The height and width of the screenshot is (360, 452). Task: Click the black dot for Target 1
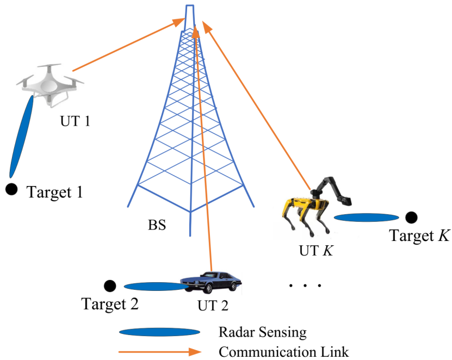tap(11, 189)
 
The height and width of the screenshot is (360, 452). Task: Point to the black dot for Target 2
tap(110, 285)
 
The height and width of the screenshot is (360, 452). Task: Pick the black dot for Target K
tap(412, 218)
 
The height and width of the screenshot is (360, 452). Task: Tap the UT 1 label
tap(75, 121)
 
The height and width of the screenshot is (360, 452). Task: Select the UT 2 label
tap(212, 305)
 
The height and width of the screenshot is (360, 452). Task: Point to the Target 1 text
tap(55, 192)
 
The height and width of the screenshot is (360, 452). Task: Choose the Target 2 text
tap(110, 303)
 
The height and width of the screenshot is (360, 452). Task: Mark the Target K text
tap(419, 235)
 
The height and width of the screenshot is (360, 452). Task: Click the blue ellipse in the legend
tap(160, 332)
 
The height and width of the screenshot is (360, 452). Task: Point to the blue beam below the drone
tap(22, 133)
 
